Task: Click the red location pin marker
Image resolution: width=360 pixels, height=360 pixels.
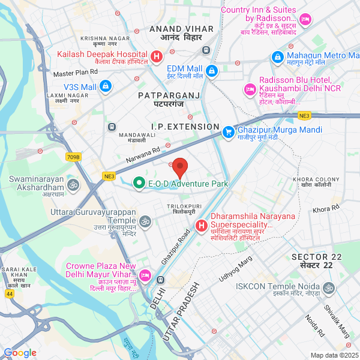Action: [x=180, y=166]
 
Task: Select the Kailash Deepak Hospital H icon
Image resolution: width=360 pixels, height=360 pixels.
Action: [x=157, y=58]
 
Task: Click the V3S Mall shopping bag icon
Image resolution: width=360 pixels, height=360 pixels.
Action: [x=106, y=87]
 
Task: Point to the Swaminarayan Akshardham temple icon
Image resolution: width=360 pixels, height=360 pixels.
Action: [x=73, y=184]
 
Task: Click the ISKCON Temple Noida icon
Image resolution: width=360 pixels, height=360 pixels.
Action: [x=328, y=289]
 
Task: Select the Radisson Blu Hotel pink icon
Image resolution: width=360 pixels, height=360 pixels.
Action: [x=249, y=89]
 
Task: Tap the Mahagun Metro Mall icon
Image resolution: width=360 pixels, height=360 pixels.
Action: [x=277, y=57]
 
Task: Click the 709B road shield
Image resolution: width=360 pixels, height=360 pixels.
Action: [x=73, y=157]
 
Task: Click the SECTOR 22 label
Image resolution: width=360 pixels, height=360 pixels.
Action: [x=316, y=257]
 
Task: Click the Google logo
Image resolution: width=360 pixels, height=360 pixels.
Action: [x=20, y=353]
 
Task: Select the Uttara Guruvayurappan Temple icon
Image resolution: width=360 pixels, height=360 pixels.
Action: [x=145, y=223]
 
